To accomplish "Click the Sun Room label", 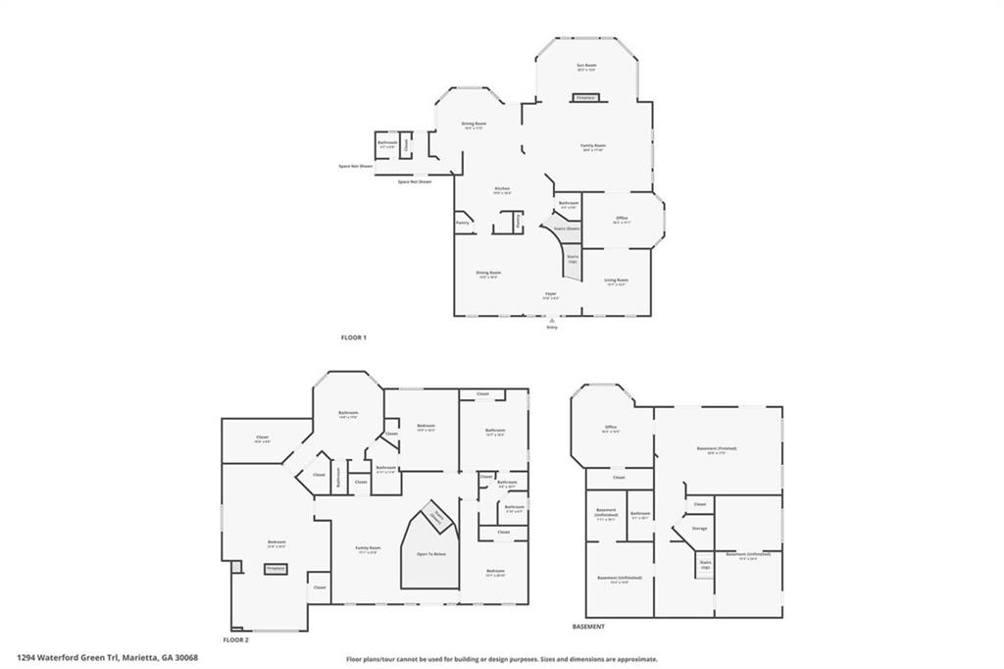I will (x=586, y=65).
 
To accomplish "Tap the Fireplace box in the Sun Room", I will (x=586, y=98).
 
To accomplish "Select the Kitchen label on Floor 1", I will (x=501, y=188).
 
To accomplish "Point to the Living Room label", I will (x=616, y=280).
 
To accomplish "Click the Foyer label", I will (x=551, y=293).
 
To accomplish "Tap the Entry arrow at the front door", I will (x=551, y=321).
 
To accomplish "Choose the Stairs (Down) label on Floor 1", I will (x=567, y=229).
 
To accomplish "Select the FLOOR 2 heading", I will (x=236, y=640).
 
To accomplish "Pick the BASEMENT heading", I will (x=588, y=626).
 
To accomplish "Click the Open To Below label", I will (x=431, y=555).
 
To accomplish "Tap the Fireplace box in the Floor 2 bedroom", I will (x=275, y=568).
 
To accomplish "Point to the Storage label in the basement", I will (x=699, y=528).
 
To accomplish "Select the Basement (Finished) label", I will (x=717, y=448).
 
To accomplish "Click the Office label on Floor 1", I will (x=622, y=218).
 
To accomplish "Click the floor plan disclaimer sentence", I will (x=501, y=659).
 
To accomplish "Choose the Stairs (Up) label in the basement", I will (x=704, y=565).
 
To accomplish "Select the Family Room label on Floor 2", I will (x=368, y=547).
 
